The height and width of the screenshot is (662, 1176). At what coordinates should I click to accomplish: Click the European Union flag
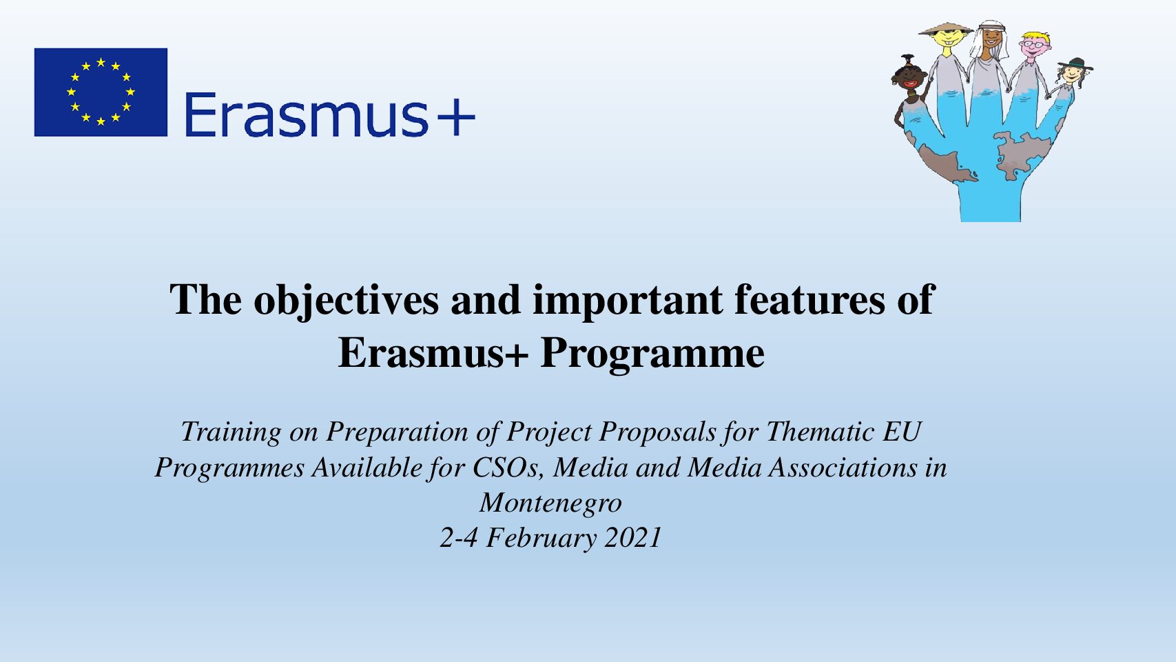101,92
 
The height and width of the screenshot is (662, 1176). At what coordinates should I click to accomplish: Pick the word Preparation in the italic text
397,433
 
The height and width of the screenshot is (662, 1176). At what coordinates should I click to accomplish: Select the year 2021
633,538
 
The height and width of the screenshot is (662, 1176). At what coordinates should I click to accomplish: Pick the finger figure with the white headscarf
989,58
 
